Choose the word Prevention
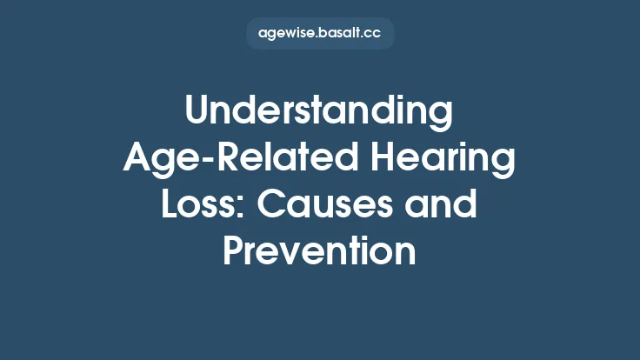(320, 251)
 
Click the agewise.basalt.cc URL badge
(320, 34)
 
